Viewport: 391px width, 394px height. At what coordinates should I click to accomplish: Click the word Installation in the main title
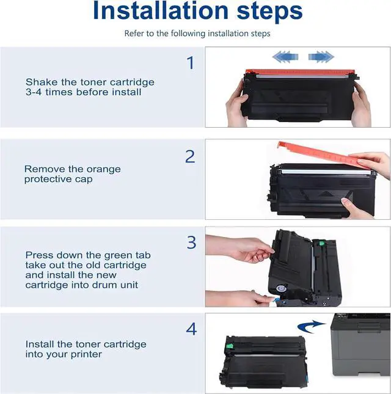pyautogui.click(x=161, y=10)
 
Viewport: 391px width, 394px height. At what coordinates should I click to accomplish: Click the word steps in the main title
pyautogui.click(x=269, y=12)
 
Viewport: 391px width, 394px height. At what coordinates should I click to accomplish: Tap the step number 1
pyautogui.click(x=191, y=63)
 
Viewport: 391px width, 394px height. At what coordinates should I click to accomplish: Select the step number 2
pyautogui.click(x=190, y=156)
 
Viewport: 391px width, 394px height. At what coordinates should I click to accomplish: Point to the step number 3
pyautogui.click(x=191, y=243)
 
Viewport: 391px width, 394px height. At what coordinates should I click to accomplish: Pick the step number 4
pyautogui.click(x=191, y=329)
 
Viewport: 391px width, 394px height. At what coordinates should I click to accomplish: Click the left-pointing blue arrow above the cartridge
pyautogui.click(x=285, y=57)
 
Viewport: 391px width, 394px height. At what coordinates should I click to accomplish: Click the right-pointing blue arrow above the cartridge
pyautogui.click(x=321, y=57)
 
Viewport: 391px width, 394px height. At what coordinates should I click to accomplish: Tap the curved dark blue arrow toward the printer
pyautogui.click(x=311, y=326)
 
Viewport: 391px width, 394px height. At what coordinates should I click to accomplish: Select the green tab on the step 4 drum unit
pyautogui.click(x=230, y=346)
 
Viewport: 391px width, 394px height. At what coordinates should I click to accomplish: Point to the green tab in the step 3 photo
pyautogui.click(x=321, y=243)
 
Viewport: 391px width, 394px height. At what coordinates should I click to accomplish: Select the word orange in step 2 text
pyautogui.click(x=104, y=170)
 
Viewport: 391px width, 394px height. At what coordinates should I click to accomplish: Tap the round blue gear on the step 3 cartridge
pyautogui.click(x=281, y=288)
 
